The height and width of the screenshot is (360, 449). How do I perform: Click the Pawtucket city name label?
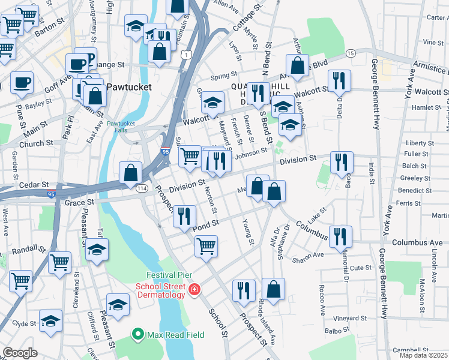point(129,87)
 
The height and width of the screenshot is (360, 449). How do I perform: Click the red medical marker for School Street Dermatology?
point(193,290)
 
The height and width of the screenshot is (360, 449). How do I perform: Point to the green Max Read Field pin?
point(137,332)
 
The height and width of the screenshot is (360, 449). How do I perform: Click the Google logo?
point(20,353)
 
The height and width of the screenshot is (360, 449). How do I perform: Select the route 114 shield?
point(142,188)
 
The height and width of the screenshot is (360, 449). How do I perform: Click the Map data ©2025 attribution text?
point(423,355)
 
